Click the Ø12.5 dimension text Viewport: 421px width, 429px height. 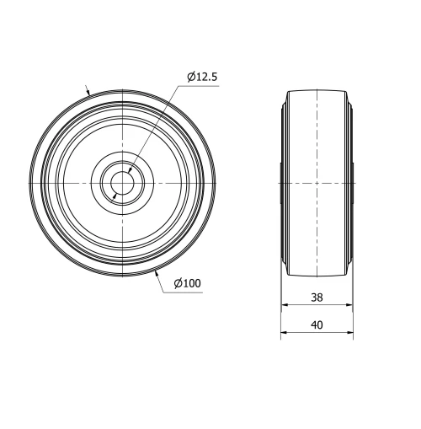pos(203,77)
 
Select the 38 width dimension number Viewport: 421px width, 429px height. pos(317,298)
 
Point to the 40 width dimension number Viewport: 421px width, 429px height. pos(317,324)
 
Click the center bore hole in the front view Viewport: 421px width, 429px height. pos(123,183)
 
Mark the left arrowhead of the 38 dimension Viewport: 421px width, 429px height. pos(283,306)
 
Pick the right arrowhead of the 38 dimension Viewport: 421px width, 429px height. pos(349,306)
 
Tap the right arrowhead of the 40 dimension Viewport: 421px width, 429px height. pos(352,333)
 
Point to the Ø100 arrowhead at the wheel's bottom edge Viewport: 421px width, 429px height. pos(157,271)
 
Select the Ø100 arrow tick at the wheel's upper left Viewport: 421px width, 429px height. pos(88,93)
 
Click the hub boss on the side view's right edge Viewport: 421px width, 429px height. pos(352,183)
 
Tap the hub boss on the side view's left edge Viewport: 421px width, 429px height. pos(281,183)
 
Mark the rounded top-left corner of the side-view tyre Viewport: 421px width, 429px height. pos(289,92)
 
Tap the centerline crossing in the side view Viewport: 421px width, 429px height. pos(317,183)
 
